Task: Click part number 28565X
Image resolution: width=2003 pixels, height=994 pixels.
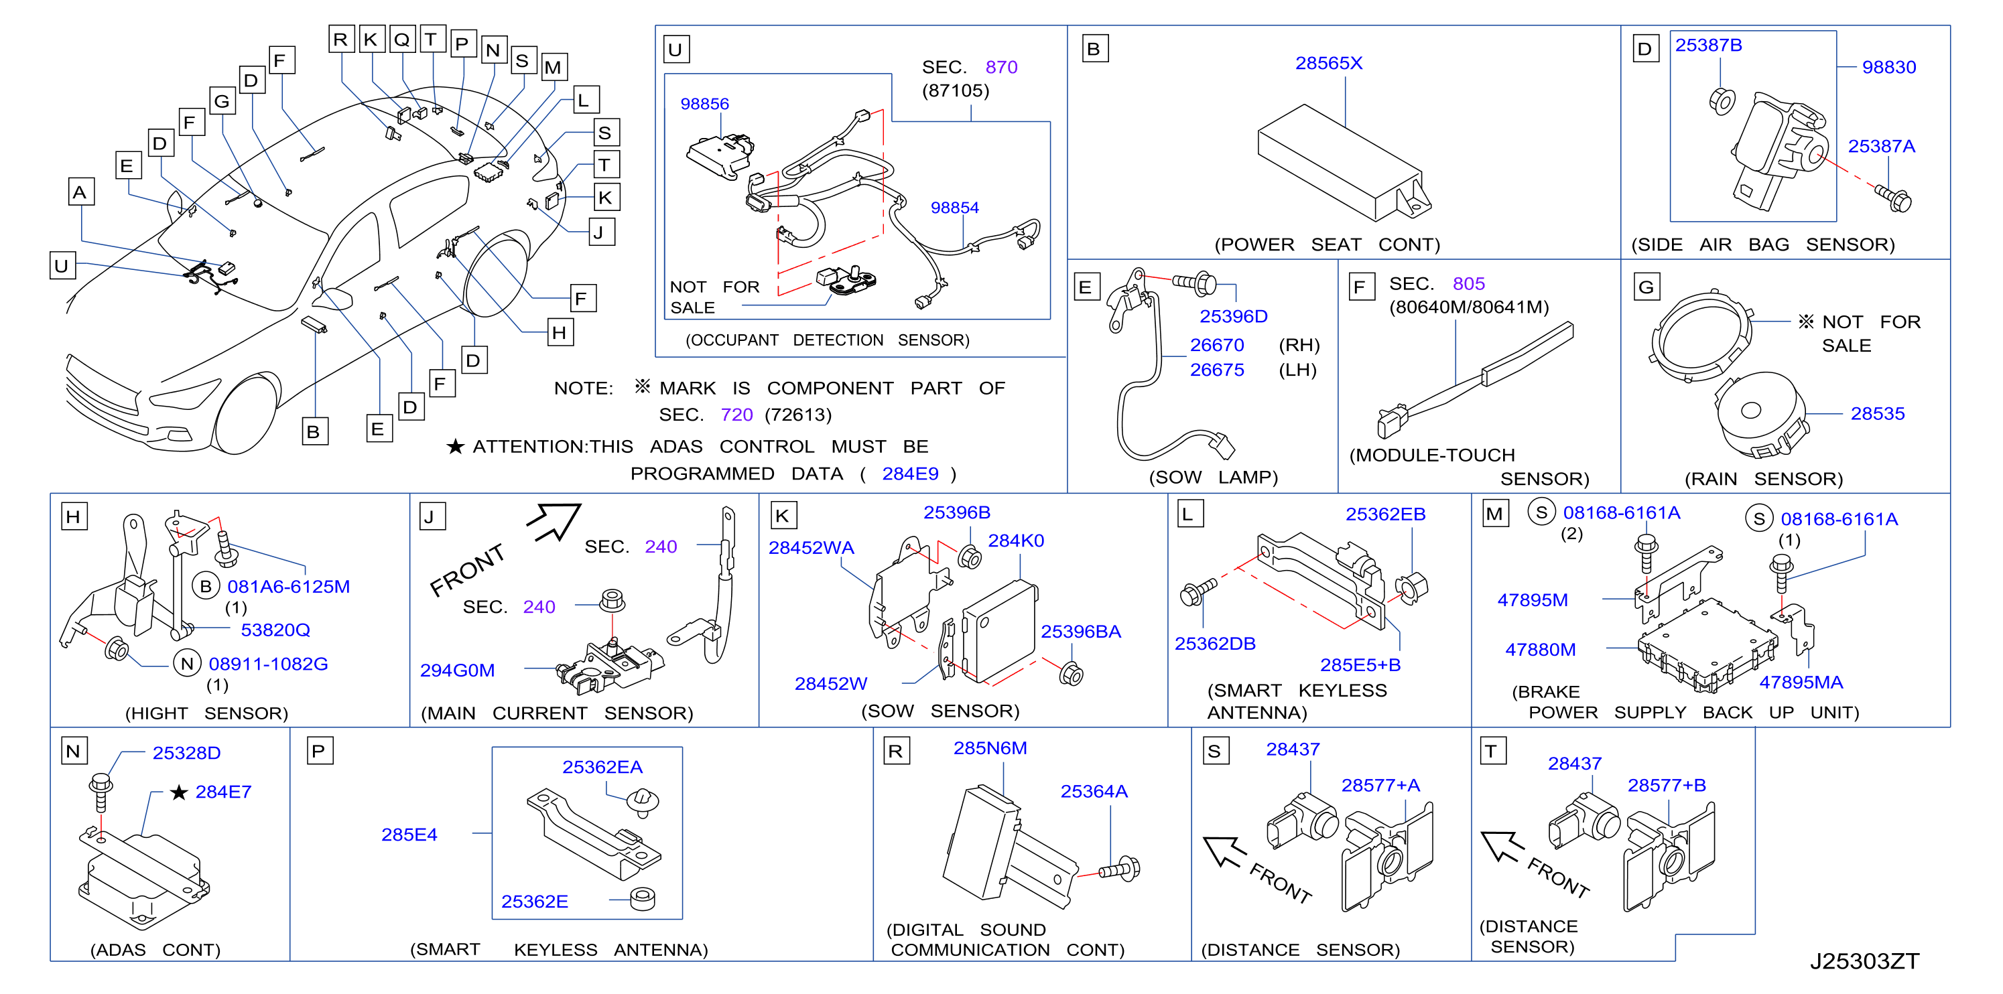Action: (x=1328, y=63)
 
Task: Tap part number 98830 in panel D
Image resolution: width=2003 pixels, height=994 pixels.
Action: (x=1888, y=68)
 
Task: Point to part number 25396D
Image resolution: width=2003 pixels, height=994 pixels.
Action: (x=1233, y=316)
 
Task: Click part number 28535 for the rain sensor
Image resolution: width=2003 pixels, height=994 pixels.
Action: (x=1877, y=413)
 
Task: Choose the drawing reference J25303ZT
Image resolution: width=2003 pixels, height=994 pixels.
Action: (x=1864, y=961)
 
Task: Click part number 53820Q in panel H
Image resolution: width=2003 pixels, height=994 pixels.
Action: (x=275, y=630)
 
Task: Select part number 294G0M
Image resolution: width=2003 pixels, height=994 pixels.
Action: (x=457, y=670)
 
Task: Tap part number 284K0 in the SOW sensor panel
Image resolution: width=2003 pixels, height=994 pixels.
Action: (x=1015, y=540)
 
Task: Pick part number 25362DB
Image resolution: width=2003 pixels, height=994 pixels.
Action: (x=1214, y=644)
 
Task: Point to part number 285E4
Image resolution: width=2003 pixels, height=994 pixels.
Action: (x=409, y=835)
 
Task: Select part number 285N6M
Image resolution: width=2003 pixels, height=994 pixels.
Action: (x=990, y=748)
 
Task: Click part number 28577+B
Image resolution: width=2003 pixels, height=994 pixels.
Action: (x=1667, y=785)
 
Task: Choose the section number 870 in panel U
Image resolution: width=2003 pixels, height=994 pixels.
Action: (x=1000, y=67)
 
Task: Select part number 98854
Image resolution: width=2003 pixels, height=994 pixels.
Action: (x=954, y=208)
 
